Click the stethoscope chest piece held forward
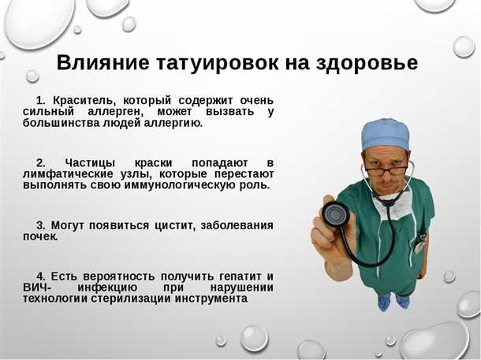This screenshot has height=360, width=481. coord(335,213)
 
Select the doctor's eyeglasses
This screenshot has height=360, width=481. coord(386,169)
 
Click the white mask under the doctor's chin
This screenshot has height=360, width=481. coord(400,206)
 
